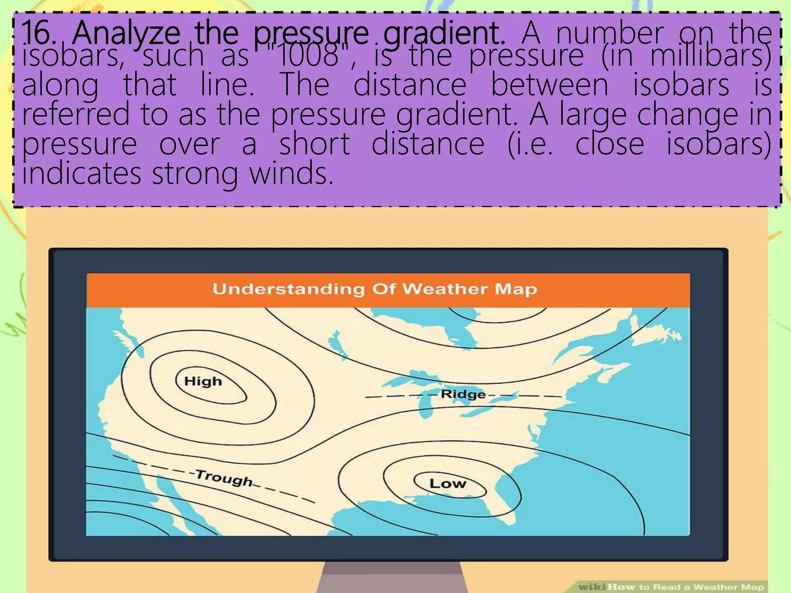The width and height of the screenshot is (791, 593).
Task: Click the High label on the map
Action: click(x=203, y=381)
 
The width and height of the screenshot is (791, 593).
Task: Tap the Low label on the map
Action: click(x=448, y=483)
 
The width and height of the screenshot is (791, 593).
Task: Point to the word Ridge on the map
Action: click(x=463, y=394)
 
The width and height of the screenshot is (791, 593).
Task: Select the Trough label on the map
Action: click(x=224, y=479)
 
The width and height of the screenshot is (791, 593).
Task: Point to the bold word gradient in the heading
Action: click(x=444, y=34)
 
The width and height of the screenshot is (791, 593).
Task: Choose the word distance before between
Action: click(x=410, y=85)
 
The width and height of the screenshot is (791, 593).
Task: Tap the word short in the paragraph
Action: click(x=314, y=144)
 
